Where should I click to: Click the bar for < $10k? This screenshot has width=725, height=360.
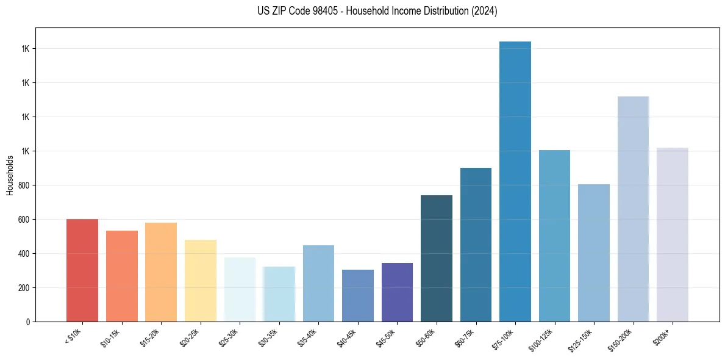82,270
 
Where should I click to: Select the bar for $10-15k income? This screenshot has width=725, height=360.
121,276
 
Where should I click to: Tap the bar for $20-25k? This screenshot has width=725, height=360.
200,281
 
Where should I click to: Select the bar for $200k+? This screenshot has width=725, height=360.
673,234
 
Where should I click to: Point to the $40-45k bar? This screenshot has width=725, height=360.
358,295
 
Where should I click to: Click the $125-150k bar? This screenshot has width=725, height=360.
594,253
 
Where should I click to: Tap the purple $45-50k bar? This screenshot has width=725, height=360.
397,292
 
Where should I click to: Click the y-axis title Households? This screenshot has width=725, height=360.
10,175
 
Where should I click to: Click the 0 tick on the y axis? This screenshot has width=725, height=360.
28,322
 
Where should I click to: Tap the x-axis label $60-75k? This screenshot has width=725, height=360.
466,337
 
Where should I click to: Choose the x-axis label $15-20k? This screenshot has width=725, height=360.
151,337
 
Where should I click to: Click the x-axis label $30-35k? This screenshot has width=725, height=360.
269,337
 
